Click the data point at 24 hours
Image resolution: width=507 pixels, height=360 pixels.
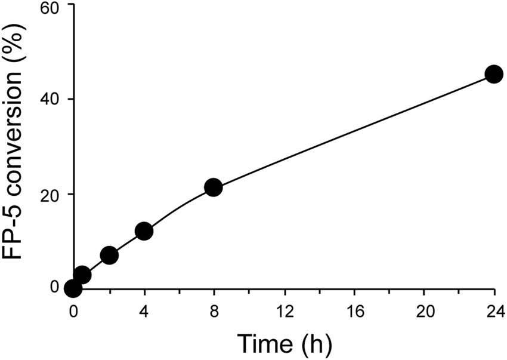click(494, 75)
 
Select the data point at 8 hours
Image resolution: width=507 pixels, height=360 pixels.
click(213, 187)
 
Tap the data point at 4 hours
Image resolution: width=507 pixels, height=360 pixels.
click(144, 231)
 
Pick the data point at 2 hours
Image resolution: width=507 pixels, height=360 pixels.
click(109, 256)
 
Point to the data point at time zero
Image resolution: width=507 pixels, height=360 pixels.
click(73, 288)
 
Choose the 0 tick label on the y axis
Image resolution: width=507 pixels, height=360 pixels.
click(54, 287)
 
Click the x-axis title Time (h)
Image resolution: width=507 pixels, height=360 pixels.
click(284, 343)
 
